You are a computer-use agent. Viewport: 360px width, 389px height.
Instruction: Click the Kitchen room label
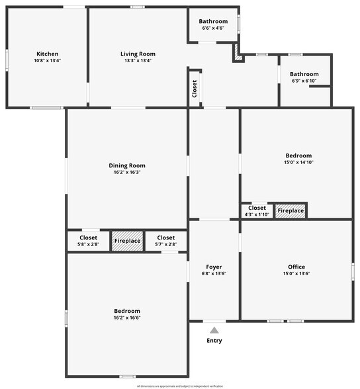tap(47, 54)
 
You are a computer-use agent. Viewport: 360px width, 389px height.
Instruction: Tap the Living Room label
tap(138, 54)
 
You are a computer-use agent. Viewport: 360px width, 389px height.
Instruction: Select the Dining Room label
tap(127, 165)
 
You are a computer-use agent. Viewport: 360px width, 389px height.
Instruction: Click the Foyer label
tap(214, 267)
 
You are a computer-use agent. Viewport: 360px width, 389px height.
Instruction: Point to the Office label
tap(296, 267)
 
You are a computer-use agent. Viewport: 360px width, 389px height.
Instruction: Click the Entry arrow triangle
tap(214, 329)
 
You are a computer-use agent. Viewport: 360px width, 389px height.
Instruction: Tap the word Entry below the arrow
tap(214, 341)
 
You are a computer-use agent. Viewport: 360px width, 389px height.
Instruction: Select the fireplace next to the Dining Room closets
tap(127, 241)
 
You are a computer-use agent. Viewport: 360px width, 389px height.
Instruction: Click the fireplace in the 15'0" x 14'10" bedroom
tap(291, 211)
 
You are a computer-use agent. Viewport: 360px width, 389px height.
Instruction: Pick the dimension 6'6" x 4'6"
tap(213, 28)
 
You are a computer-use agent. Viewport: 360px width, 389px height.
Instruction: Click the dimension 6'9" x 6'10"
tap(304, 81)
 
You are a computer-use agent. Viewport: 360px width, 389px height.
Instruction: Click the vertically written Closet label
tap(195, 89)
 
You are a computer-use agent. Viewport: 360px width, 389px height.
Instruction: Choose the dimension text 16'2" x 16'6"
tap(127, 318)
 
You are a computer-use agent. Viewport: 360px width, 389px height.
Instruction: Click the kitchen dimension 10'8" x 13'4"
tap(47, 61)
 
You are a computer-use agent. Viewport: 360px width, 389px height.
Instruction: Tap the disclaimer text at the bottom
tap(180, 385)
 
